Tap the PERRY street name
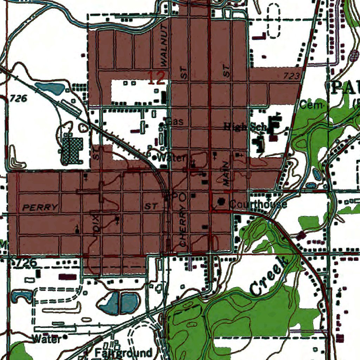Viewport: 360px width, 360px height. [40, 207]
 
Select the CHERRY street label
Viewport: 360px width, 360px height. [182, 226]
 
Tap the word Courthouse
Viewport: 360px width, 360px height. [258, 204]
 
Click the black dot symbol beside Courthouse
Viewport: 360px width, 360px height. [221, 201]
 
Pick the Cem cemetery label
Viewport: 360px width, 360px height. [311, 105]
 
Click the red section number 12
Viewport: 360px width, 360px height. [156, 78]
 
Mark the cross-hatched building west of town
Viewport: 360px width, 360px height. [72, 150]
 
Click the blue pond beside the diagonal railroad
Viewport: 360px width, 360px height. [50, 88]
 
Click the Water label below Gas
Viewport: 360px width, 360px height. [171, 158]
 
